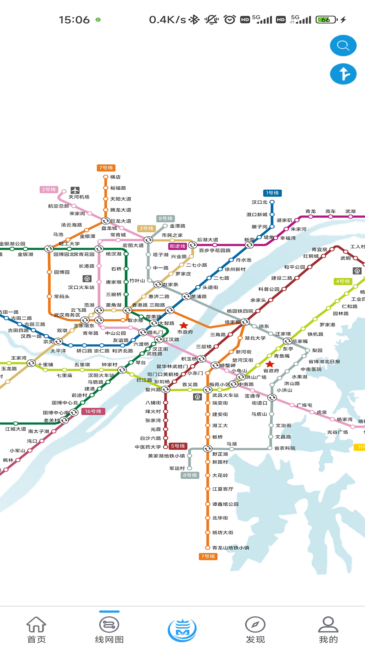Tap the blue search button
[343, 46]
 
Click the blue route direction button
[343, 74]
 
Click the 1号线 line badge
[272, 193]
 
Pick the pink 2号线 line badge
[49, 190]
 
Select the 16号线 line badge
[93, 411]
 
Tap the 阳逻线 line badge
[178, 246]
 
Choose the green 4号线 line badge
[343, 281]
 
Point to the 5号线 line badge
[178, 446]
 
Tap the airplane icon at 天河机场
[75, 190]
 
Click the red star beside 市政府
[184, 326]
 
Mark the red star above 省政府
[270, 364]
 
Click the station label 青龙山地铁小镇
[230, 548]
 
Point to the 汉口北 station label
[260, 202]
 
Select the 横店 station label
[115, 177]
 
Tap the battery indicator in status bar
[326, 20]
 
